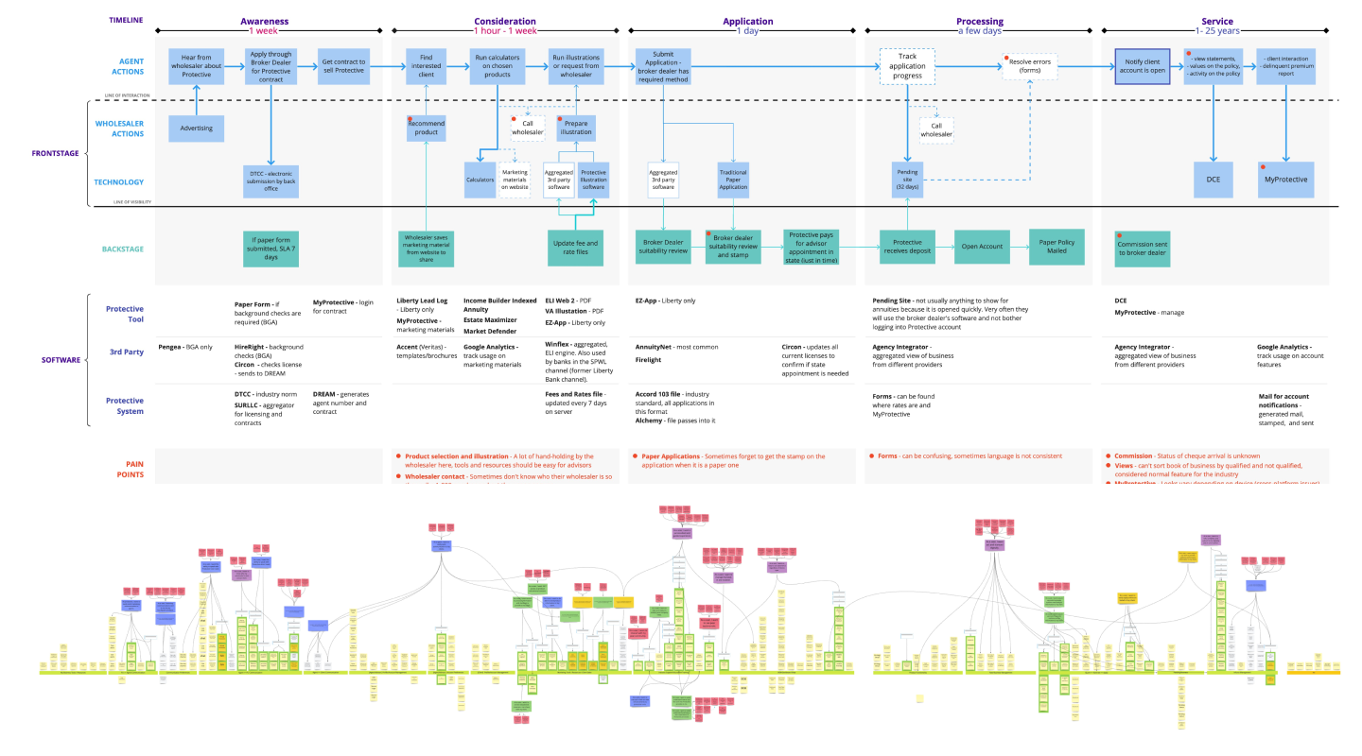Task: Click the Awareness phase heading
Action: pos(264,21)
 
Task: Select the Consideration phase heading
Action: pos(504,21)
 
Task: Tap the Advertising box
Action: pos(196,128)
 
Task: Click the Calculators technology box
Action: pos(480,180)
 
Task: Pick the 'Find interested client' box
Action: pos(426,67)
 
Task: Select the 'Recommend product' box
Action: pos(426,128)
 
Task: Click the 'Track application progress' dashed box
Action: pos(906,67)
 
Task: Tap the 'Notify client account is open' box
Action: pos(1143,67)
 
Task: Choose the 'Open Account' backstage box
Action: pos(982,247)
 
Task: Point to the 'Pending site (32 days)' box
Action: pos(908,180)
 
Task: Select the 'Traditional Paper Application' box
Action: pos(734,180)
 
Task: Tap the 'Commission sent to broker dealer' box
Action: pos(1143,247)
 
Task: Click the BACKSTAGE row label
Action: pos(123,249)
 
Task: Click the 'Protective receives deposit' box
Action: pos(906,247)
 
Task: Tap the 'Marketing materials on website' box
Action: pos(515,180)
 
